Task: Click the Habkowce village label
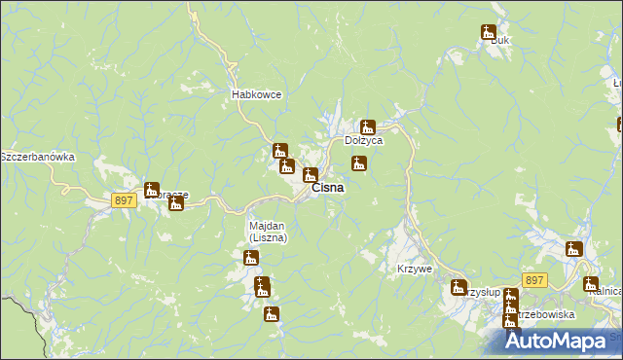tap(256, 94)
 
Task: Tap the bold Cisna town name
tap(327, 188)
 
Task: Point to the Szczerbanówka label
tap(37, 157)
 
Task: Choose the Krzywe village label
tap(415, 269)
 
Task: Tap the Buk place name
tap(501, 41)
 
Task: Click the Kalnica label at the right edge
tap(610, 291)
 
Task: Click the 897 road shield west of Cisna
tap(123, 199)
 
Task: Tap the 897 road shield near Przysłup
tap(533, 280)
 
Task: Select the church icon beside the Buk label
tap(488, 32)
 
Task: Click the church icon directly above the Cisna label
tap(310, 175)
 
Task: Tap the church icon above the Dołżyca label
tap(367, 126)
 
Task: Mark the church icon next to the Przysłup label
tap(458, 287)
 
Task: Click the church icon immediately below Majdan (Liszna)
tap(251, 258)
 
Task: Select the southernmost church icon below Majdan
tap(271, 313)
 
